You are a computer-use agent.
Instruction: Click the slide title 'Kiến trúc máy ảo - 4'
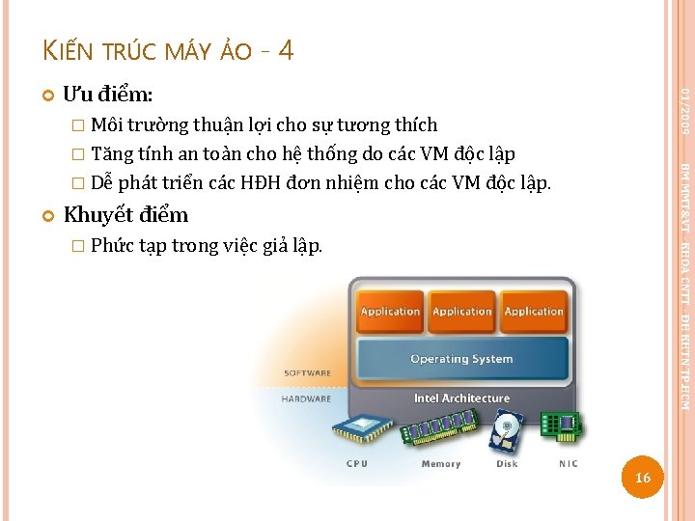click(x=169, y=50)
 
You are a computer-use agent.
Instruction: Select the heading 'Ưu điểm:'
click(x=107, y=95)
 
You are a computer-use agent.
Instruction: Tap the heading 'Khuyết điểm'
click(x=125, y=214)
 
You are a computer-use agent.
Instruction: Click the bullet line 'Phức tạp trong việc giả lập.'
click(x=207, y=245)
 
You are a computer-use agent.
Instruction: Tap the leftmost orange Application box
click(x=390, y=312)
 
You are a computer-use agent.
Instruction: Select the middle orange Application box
click(x=461, y=312)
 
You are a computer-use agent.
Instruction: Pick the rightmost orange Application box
click(x=534, y=312)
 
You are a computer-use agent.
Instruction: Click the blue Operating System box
click(x=461, y=359)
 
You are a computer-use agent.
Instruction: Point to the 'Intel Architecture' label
click(x=461, y=398)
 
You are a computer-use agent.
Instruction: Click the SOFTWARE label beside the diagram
click(x=307, y=372)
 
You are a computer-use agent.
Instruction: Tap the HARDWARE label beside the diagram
click(x=306, y=398)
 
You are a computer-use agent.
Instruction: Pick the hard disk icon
click(x=506, y=432)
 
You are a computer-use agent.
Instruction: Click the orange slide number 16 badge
click(x=644, y=479)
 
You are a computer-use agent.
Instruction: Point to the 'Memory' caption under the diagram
click(x=440, y=464)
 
